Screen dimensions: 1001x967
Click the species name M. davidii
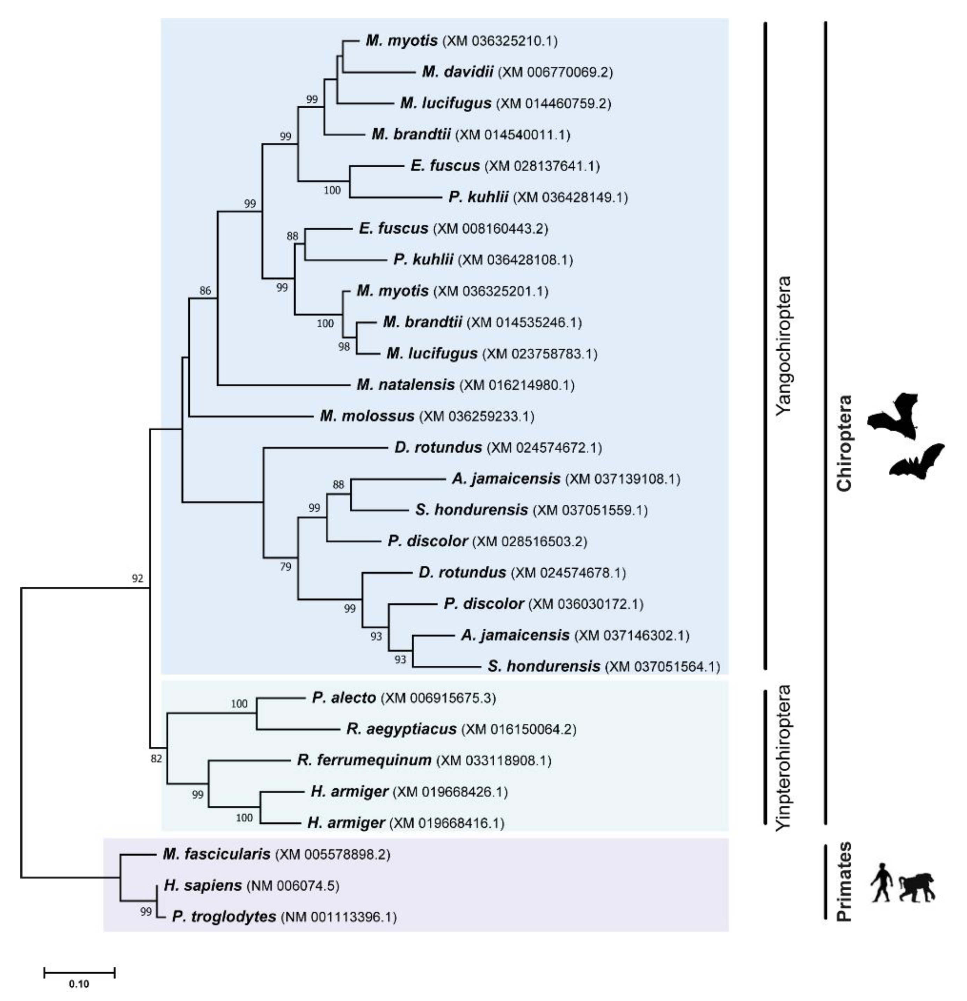tap(457, 72)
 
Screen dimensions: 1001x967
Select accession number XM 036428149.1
tap(570, 197)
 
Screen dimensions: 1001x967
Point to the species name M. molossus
tap(367, 416)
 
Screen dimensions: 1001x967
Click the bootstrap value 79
tap(285, 567)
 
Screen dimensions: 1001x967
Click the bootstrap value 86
tap(205, 291)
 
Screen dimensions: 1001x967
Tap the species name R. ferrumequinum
tap(364, 760)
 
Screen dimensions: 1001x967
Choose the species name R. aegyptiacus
tap(401, 729)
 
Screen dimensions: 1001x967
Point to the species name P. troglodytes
tap(224, 917)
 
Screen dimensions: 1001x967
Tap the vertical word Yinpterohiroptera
tap(782, 758)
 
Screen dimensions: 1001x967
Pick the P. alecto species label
tap(344, 697)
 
